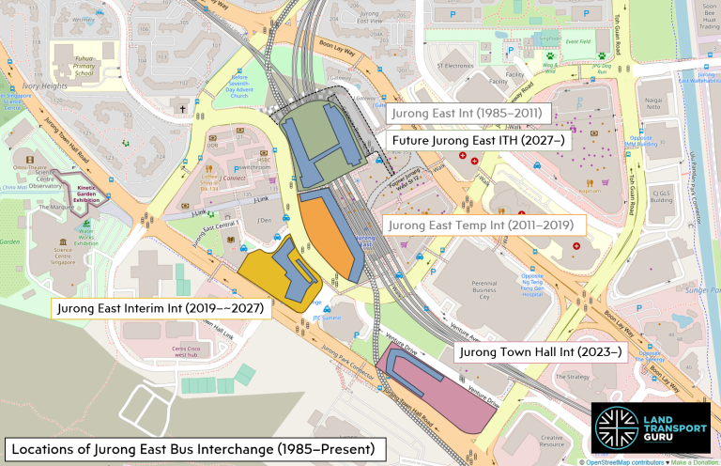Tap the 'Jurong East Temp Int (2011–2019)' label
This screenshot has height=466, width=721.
tap(483, 225)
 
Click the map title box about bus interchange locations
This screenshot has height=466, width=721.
tap(193, 448)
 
